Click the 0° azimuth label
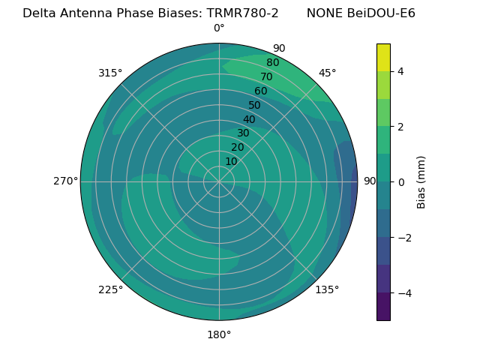(219, 28)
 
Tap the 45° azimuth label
(327, 73)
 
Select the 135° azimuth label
(327, 289)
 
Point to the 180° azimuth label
(219, 334)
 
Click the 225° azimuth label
(110, 289)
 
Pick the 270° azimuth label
(65, 181)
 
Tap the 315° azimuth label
(110, 73)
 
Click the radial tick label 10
(231, 161)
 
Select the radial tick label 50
(254, 106)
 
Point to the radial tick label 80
(272, 62)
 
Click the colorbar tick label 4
(401, 71)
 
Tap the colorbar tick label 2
(401, 127)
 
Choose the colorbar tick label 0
(401, 182)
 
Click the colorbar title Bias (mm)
(421, 182)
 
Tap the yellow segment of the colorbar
(383, 58)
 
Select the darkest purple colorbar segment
(383, 307)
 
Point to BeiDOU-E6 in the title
(381, 13)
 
